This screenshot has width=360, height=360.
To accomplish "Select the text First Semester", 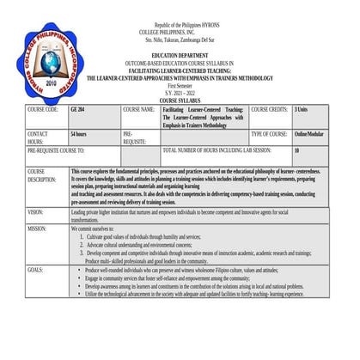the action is [181, 87].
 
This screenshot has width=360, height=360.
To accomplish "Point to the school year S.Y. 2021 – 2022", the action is [181, 94].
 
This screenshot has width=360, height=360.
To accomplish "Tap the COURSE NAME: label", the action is [138, 110].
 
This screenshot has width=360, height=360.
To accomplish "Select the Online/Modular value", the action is [308, 135].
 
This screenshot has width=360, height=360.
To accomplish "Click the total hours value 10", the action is [297, 149].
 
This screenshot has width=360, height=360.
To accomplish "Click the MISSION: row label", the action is [38, 229].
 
